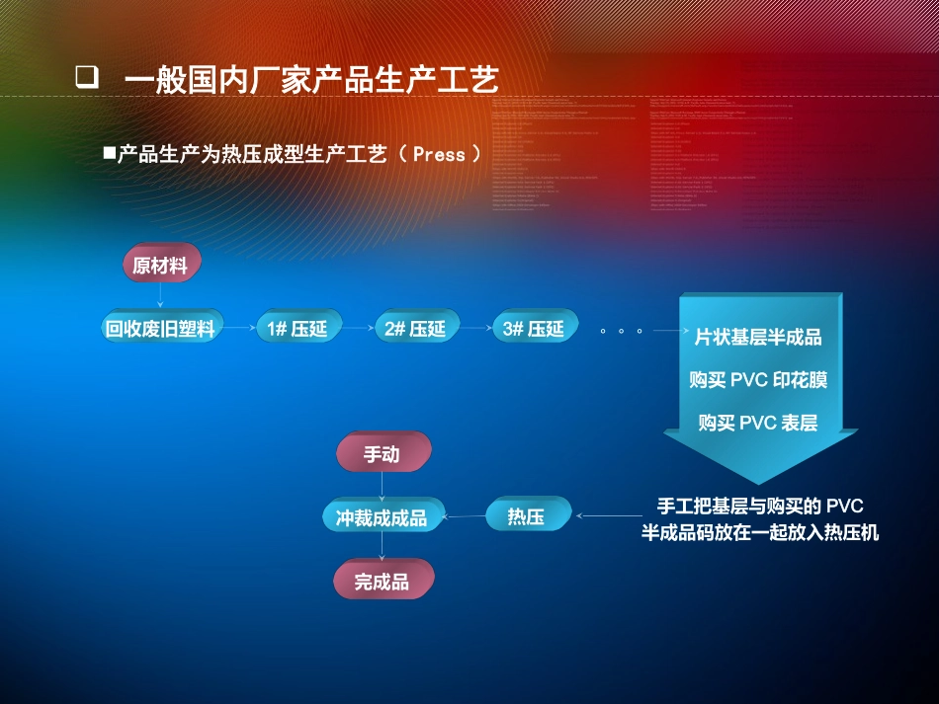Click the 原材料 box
click(160, 265)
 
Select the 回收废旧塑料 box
click(160, 328)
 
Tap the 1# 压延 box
click(297, 328)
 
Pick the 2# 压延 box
click(415, 328)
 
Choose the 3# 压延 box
click(533, 328)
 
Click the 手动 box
click(382, 454)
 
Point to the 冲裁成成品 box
click(382, 516)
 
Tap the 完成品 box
click(382, 581)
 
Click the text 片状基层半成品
click(758, 338)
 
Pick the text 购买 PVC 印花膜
click(758, 380)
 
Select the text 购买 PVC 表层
click(758, 423)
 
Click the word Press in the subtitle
click(439, 154)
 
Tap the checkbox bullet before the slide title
click(86, 78)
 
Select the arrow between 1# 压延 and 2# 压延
click(356, 328)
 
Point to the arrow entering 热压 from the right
click(605, 516)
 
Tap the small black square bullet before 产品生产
click(110, 154)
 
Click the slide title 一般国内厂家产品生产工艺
click(311, 79)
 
